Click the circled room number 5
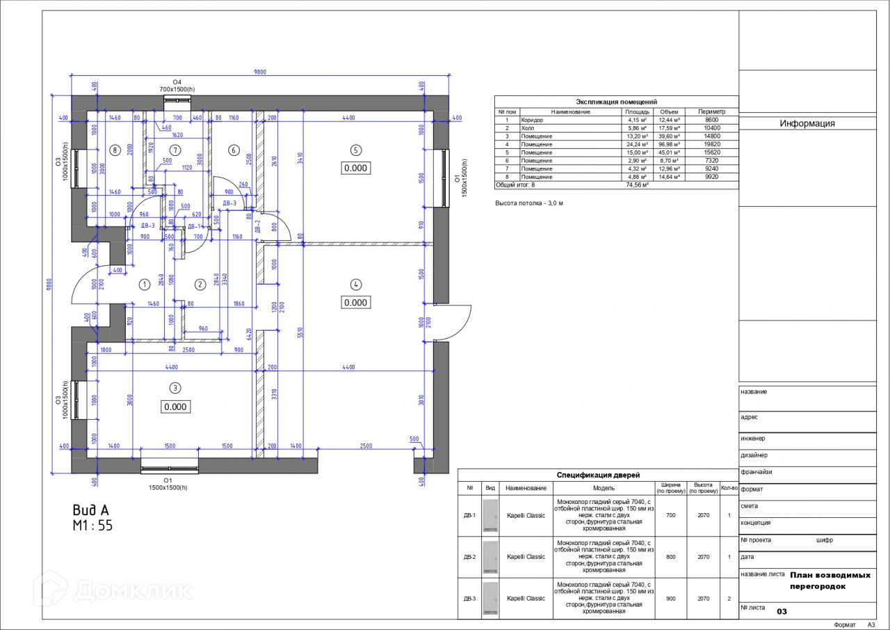[355, 150]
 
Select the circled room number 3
[176, 388]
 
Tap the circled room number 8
[115, 150]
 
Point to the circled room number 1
[145, 284]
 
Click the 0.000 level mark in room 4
[355, 303]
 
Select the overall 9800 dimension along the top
[259, 72]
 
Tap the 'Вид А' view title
[91, 510]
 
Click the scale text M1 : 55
[92, 526]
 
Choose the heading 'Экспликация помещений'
[616, 102]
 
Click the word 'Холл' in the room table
[528, 128]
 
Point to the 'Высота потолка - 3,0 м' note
[528, 203]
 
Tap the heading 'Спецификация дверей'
[598, 475]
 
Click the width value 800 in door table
[670, 557]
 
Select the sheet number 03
[782, 611]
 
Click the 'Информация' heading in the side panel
[807, 124]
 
